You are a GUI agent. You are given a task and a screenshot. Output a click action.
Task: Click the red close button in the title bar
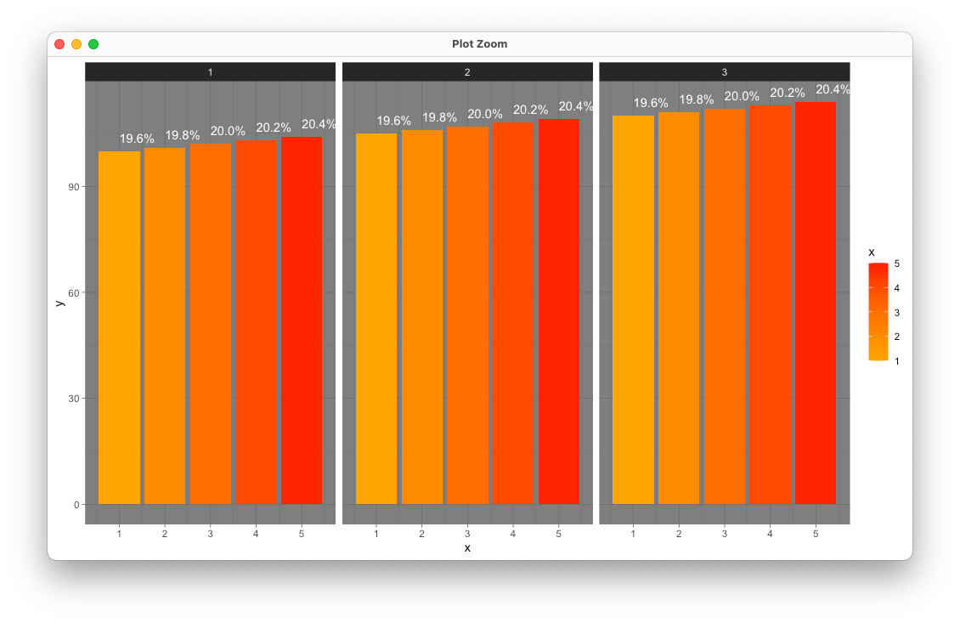point(59,44)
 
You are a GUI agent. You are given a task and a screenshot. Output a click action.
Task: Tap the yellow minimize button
point(76,44)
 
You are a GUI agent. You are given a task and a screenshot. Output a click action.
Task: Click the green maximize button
point(93,44)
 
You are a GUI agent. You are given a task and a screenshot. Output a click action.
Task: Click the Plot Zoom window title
point(479,44)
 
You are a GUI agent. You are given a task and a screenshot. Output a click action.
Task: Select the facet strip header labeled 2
point(467,72)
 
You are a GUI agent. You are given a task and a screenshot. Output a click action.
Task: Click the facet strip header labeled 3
point(725,72)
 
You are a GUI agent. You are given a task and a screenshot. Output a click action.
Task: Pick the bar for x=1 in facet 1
point(120,328)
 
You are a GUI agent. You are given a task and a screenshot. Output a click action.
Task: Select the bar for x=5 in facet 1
point(302,320)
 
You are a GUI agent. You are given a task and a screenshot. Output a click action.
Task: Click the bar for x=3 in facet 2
point(467,315)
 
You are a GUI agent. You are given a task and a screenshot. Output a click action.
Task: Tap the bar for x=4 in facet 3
point(770,304)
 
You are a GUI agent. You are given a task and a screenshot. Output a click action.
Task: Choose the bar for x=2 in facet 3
point(678,309)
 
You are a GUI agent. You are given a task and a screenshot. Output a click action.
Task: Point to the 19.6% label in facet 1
point(137,139)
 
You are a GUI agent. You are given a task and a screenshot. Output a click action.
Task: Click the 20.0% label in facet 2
point(485,114)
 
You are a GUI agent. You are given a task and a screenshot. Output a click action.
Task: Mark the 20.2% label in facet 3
point(788,93)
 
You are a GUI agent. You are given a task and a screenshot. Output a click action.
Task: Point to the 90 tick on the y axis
point(74,187)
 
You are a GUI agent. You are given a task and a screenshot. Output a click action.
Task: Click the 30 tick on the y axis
point(74,399)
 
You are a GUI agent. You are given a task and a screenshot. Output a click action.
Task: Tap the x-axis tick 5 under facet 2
point(558,534)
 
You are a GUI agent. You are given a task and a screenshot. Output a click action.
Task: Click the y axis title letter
point(59,303)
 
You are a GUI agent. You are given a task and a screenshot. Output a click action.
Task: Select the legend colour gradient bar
point(878,312)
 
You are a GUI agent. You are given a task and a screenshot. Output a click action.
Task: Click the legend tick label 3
point(897,313)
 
